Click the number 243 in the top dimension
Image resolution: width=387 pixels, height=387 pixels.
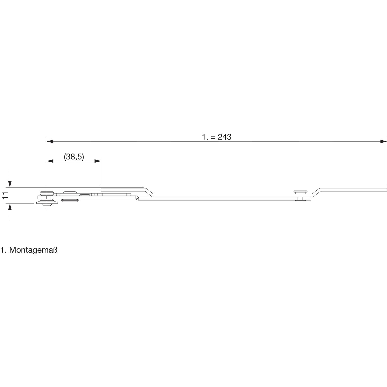224,137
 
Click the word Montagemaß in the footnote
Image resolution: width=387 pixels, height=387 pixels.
33,251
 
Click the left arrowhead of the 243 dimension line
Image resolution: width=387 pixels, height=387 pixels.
50,141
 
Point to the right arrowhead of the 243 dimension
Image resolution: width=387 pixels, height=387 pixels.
384,141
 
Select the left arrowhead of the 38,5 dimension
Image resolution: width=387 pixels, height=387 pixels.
50,161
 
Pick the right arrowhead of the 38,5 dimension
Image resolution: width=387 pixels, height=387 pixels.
98,161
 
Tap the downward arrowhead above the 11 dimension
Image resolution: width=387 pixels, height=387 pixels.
10,184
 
